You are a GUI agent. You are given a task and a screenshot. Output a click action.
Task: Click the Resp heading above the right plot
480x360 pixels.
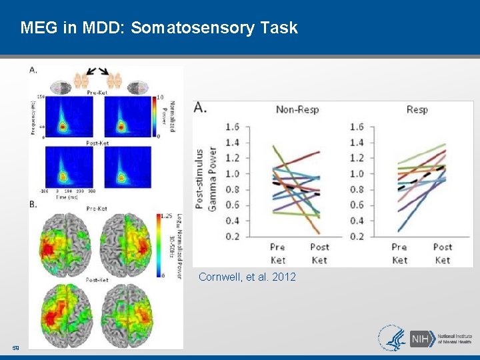pyautogui.click(x=417, y=109)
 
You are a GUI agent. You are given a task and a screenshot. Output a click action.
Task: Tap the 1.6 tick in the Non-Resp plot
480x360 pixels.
pyautogui.click(x=231, y=127)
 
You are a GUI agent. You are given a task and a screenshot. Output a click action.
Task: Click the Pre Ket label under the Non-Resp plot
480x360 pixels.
pyautogui.click(x=277, y=253)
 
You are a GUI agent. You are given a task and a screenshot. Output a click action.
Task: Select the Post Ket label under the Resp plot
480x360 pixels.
pyautogui.click(x=443, y=253)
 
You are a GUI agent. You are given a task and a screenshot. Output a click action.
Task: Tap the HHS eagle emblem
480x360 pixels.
pyautogui.click(x=392, y=337)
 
